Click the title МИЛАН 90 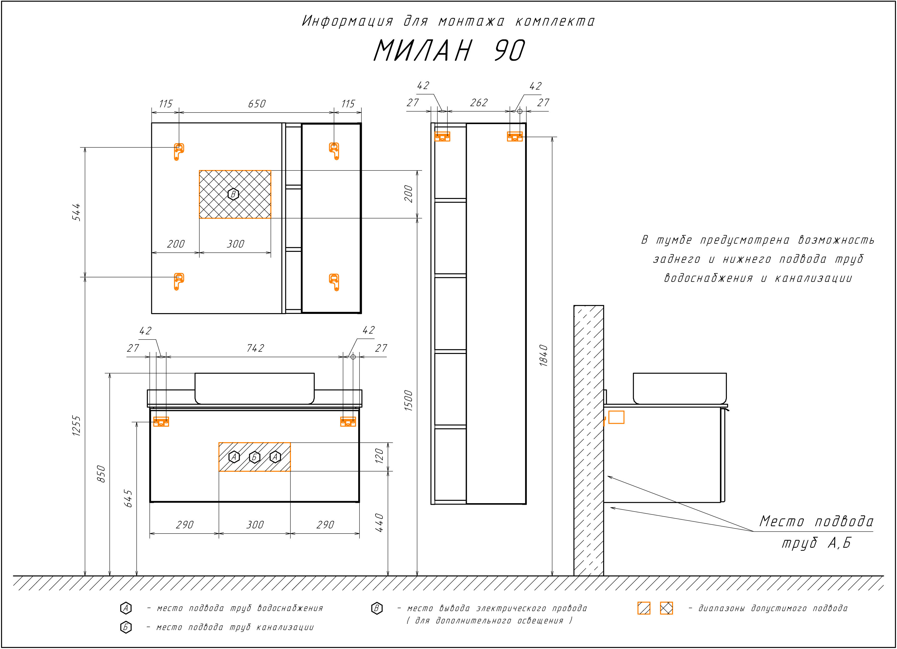click(x=449, y=51)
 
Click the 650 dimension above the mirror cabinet click(x=257, y=104)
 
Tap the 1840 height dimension click(x=543, y=355)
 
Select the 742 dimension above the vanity click(x=255, y=348)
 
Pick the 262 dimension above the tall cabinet click(x=479, y=103)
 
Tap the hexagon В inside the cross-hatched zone click(x=233, y=194)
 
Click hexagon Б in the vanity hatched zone click(x=254, y=457)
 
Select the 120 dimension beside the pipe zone click(x=379, y=456)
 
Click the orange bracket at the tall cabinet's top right click(x=514, y=136)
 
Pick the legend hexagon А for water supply click(x=126, y=608)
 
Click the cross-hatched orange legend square click(x=666, y=608)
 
